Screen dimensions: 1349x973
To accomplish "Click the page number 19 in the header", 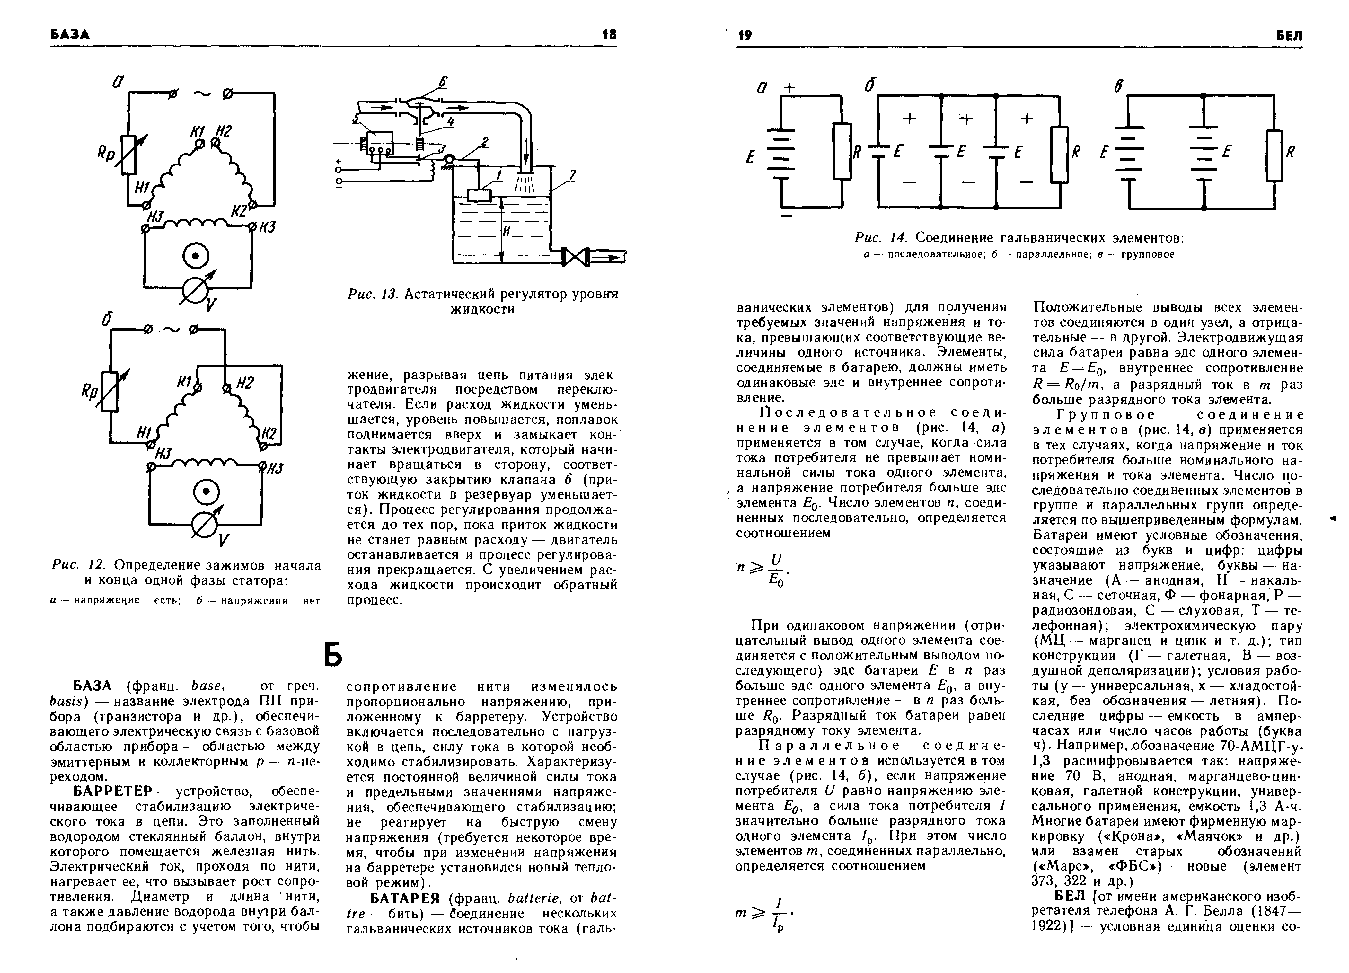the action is pos(745,36).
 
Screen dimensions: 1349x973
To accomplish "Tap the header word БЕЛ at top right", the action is pos(1289,36).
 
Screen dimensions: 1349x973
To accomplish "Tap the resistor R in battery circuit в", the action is pos(1274,156).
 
